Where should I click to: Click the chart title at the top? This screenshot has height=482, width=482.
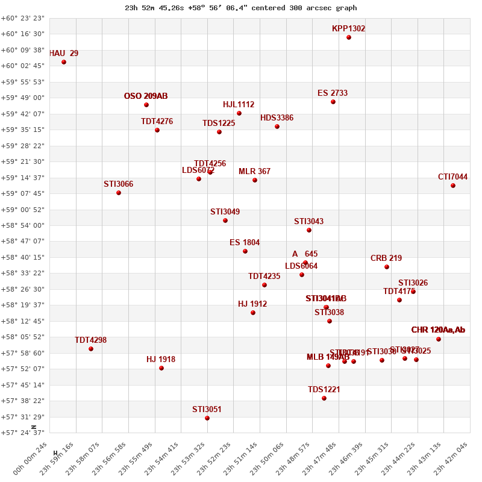(241, 8)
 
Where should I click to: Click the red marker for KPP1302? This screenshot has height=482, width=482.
(349, 37)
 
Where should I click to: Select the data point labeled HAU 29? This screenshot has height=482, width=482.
(64, 62)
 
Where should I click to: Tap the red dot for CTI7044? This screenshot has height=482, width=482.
(453, 186)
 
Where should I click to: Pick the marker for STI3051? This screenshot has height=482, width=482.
(207, 418)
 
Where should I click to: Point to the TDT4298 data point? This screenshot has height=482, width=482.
(91, 349)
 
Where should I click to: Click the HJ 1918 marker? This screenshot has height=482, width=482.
(161, 368)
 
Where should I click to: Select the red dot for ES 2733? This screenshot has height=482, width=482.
(333, 102)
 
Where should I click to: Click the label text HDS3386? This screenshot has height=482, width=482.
(277, 118)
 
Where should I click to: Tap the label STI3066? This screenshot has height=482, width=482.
(118, 184)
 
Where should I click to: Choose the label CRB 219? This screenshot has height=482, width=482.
(386, 258)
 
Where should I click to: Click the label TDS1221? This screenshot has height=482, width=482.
(324, 390)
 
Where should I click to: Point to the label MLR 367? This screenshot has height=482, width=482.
(254, 172)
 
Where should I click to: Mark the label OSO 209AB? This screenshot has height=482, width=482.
(146, 96)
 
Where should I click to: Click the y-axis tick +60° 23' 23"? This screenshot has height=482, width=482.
(23, 18)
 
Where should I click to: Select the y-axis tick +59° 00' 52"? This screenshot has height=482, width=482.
(23, 210)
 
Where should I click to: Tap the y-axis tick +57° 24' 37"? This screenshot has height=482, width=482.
(23, 433)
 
